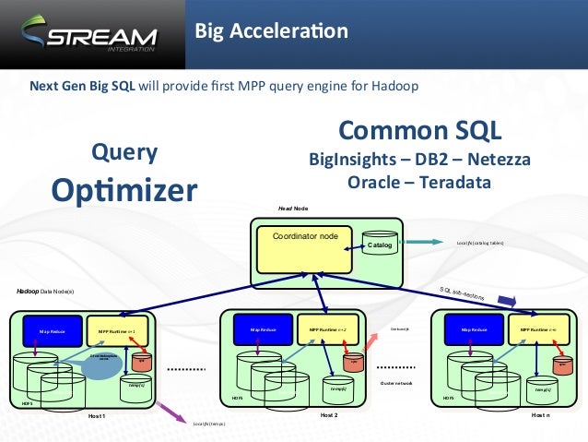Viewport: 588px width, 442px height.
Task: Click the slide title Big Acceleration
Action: click(270, 32)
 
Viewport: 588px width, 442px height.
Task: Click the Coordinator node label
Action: click(304, 237)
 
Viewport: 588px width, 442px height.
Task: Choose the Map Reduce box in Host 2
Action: click(257, 328)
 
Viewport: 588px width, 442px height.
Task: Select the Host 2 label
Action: click(329, 415)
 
